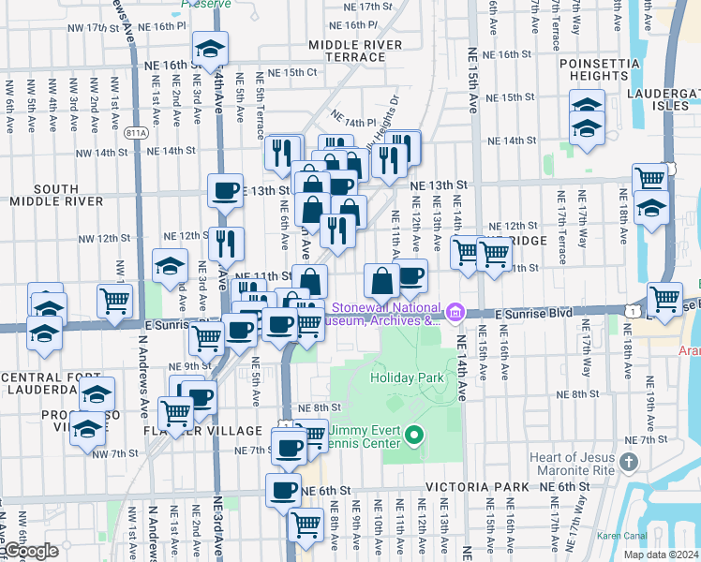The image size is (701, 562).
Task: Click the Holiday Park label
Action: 403,377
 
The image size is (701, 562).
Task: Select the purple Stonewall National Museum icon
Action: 455,311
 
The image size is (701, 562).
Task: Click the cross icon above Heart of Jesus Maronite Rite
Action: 628,461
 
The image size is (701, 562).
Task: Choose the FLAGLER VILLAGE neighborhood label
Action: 202,431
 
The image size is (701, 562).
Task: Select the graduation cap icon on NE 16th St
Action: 210,48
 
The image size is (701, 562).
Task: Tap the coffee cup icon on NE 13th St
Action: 225,190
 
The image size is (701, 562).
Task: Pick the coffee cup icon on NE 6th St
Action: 283,489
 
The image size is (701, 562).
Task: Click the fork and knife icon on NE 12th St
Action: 226,244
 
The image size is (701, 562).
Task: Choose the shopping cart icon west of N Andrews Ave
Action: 114,301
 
